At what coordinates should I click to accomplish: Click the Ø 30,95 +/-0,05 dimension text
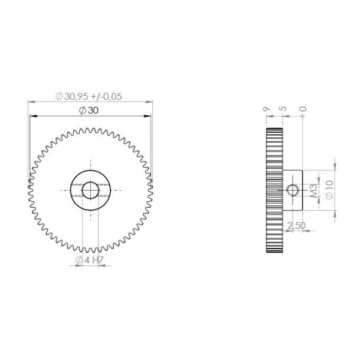[89, 97]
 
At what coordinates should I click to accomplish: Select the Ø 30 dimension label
[89, 112]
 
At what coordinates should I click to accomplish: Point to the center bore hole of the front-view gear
[90, 190]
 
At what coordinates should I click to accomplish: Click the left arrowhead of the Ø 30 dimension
[32, 117]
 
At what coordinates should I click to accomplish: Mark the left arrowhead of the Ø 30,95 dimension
[30, 102]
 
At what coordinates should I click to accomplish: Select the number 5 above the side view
[283, 109]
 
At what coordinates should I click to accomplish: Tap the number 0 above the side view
[303, 109]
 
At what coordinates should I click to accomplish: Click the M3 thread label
[313, 190]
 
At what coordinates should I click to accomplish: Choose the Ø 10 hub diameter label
[329, 190]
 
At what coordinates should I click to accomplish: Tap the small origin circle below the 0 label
[303, 117]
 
